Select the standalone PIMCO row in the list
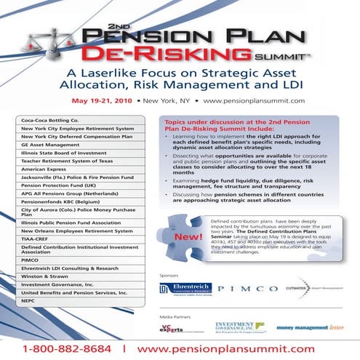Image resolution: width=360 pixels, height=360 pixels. pos(33,259)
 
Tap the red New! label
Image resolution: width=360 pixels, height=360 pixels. pos(181,237)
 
